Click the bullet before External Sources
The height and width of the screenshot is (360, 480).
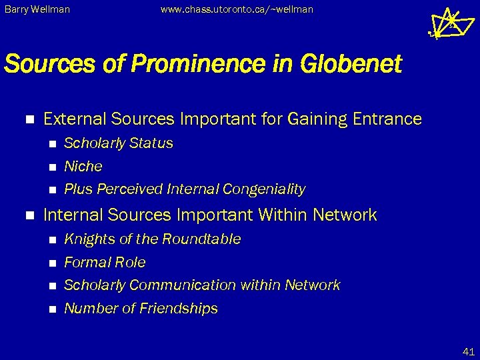click(x=28, y=119)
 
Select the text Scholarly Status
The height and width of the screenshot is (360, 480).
click(x=118, y=143)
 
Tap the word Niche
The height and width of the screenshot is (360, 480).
click(x=83, y=166)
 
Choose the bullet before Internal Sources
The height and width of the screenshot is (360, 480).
click(x=28, y=215)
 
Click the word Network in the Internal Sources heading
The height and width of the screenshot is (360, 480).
click(x=346, y=215)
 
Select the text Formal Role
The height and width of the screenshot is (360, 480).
click(x=105, y=263)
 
